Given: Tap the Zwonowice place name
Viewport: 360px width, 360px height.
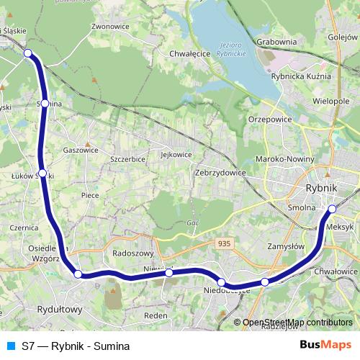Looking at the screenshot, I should point(109,26).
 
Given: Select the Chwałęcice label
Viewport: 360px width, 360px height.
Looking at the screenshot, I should point(189,53).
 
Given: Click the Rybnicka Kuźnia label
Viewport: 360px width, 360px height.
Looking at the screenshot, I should point(302,76).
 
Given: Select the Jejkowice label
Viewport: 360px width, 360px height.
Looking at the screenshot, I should point(176,154).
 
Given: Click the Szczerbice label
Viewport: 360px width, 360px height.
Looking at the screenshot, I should point(127,158).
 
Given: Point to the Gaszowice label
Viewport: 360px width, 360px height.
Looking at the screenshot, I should point(81,150).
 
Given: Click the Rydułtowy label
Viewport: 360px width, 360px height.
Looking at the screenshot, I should point(60,310).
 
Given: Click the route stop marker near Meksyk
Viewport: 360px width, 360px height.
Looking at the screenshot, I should point(333,210).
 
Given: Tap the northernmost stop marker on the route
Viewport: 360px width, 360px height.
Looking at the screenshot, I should point(28,53).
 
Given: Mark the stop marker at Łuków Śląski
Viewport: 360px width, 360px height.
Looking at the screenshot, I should point(42,174).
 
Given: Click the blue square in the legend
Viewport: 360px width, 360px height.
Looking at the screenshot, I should point(10,345).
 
